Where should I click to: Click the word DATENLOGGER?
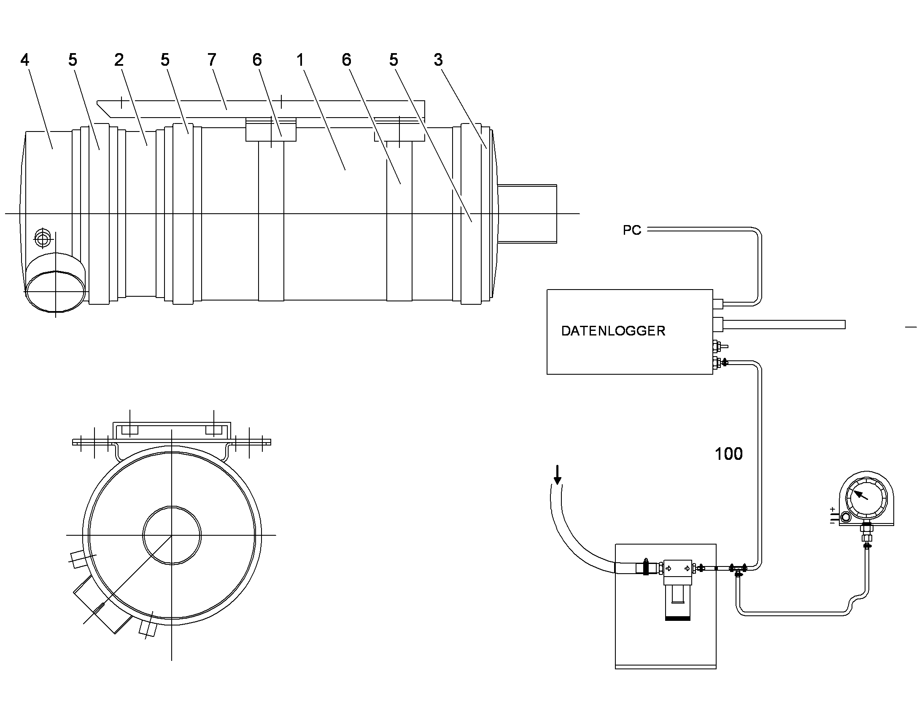[x=613, y=330]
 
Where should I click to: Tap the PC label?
[x=632, y=230]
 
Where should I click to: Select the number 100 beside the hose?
[x=728, y=454]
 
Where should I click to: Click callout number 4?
[x=25, y=60]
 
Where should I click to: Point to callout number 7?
[x=212, y=59]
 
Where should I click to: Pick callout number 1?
[x=300, y=59]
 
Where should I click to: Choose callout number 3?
[x=438, y=59]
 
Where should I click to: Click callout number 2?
[x=119, y=59]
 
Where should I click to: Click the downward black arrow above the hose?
[x=558, y=474]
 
